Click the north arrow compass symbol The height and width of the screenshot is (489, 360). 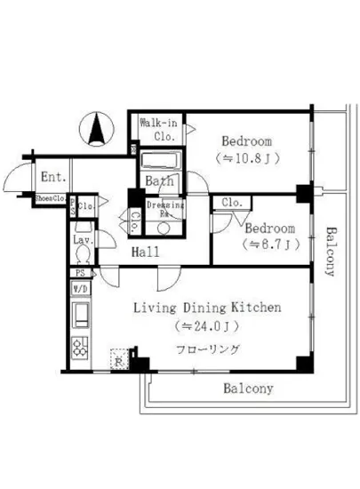tap(97, 131)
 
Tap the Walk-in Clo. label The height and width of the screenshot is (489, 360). tap(159, 130)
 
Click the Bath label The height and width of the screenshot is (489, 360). tap(160, 181)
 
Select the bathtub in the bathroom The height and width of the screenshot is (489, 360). tap(161, 162)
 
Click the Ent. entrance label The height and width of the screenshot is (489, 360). tap(50, 177)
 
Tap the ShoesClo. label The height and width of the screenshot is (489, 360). tap(52, 199)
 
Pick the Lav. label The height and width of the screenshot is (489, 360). tap(84, 240)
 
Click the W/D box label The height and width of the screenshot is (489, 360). tap(79, 290)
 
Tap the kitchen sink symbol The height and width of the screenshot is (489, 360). tap(79, 314)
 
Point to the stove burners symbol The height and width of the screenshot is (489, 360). tap(79, 347)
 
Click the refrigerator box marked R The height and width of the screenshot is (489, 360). tap(119, 362)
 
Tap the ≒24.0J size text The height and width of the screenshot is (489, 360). tap(207, 325)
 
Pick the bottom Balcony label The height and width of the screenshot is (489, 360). tap(248, 389)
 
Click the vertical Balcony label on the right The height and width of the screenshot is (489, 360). tap(331, 253)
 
